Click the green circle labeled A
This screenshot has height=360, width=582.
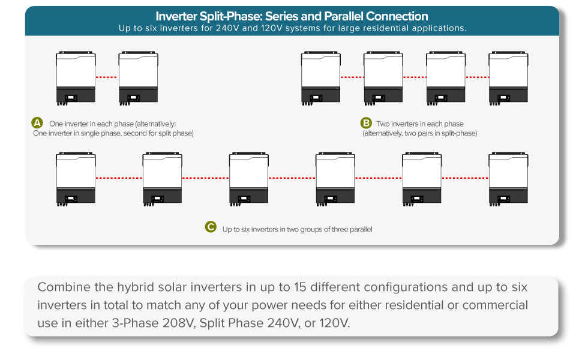(37, 123)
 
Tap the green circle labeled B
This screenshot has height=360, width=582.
(366, 123)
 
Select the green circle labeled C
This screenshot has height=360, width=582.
(211, 227)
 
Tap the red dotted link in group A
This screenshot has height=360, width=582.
(107, 77)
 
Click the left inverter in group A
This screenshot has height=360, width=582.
(76, 78)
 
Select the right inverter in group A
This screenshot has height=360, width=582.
(139, 78)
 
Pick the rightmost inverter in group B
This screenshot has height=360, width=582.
(509, 78)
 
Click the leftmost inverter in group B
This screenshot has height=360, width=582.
(320, 78)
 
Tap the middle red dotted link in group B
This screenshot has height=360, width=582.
(415, 77)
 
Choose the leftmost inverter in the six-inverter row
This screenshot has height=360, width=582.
(76, 179)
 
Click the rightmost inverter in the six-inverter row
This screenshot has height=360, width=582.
(509, 179)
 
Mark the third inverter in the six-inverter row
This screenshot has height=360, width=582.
(248, 179)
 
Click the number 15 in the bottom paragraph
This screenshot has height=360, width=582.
(300, 287)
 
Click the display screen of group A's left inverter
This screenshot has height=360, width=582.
(71, 98)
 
